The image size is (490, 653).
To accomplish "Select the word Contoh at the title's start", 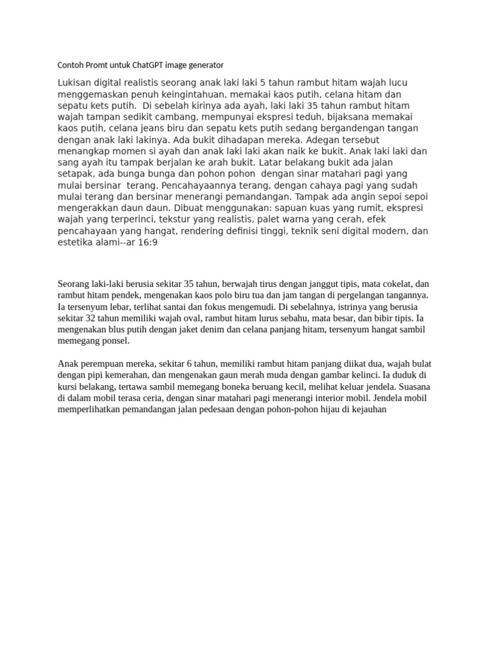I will point(70,65).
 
